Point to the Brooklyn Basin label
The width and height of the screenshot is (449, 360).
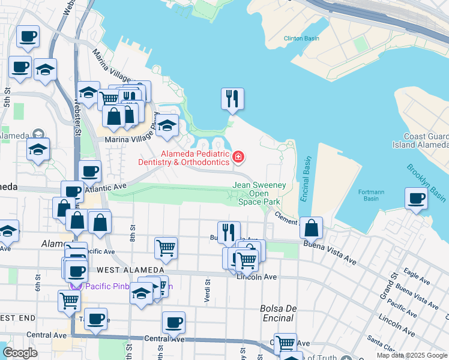coord(426,183)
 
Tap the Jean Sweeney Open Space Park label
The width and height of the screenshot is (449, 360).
coord(259,194)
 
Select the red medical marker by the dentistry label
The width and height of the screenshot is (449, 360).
coord(238,158)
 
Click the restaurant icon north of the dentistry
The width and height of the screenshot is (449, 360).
coord(232,98)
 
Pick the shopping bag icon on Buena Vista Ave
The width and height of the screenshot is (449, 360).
coord(311,228)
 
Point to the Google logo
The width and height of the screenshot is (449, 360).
coord(20,353)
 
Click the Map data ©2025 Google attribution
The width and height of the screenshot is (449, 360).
coord(412,355)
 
